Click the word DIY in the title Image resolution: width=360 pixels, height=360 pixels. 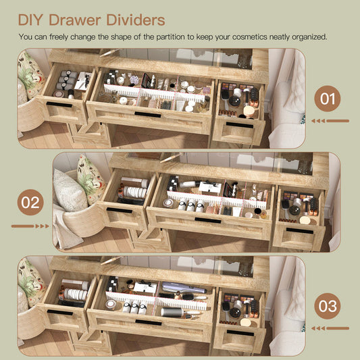pyautogui.click(x=30, y=20)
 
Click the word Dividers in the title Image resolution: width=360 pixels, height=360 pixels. pyautogui.click(x=136, y=20)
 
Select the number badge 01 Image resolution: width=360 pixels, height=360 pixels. pyautogui.click(x=328, y=99)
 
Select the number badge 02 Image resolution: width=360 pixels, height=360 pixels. pyautogui.click(x=30, y=202)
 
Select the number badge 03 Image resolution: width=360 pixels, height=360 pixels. pyautogui.click(x=328, y=306)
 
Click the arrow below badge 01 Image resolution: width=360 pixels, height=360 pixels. pyautogui.click(x=330, y=121)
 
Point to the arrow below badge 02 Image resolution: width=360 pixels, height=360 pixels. pyautogui.click(x=30, y=226)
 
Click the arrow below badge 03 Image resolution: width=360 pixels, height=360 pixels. pyautogui.click(x=330, y=328)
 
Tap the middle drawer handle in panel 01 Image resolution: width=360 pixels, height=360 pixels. pyautogui.click(x=148, y=115)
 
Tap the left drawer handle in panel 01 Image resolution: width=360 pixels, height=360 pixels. pyautogui.click(x=59, y=105)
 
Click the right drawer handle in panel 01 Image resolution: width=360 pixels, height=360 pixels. pyautogui.click(x=240, y=125)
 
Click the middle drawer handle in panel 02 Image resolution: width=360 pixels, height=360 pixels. pyautogui.click(x=208, y=220)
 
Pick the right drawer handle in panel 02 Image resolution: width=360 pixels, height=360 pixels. pyautogui.click(x=300, y=231)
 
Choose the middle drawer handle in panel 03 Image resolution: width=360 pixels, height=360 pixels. pyautogui.click(x=149, y=323)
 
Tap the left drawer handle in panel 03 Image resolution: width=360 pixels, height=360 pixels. pyautogui.click(x=59, y=313)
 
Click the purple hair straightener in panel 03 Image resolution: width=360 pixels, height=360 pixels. pyautogui.click(x=184, y=288)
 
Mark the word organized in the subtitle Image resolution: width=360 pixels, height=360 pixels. pyautogui.click(x=309, y=37)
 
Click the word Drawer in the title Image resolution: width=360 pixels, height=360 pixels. pyautogui.click(x=74, y=20)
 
